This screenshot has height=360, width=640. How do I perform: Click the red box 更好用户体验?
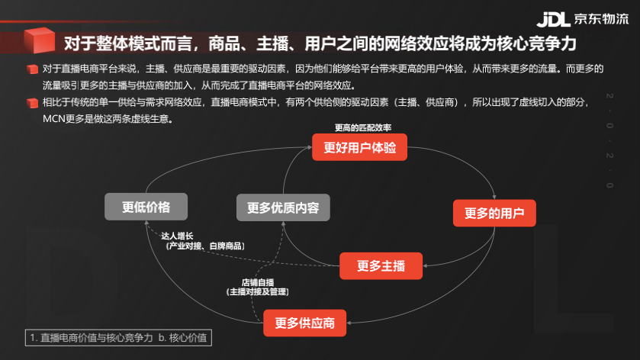[x=359, y=148]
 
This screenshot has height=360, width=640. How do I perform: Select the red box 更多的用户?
[x=495, y=213]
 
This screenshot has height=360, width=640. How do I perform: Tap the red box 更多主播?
[x=381, y=266]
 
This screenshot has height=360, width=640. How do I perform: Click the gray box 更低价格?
[x=146, y=207]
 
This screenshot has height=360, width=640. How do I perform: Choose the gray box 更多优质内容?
[x=283, y=207]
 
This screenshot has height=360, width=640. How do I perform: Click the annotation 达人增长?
[x=178, y=236]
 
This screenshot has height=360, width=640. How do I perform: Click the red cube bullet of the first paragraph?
[x=32, y=69]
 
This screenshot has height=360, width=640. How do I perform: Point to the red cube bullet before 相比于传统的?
[x=32, y=103]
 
